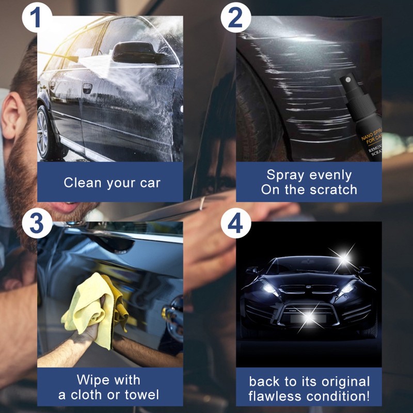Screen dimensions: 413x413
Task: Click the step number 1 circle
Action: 35,19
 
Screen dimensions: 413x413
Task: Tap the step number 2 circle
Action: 235,19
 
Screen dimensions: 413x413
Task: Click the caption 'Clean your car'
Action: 112,183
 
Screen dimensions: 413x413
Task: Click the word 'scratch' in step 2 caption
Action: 333,189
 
